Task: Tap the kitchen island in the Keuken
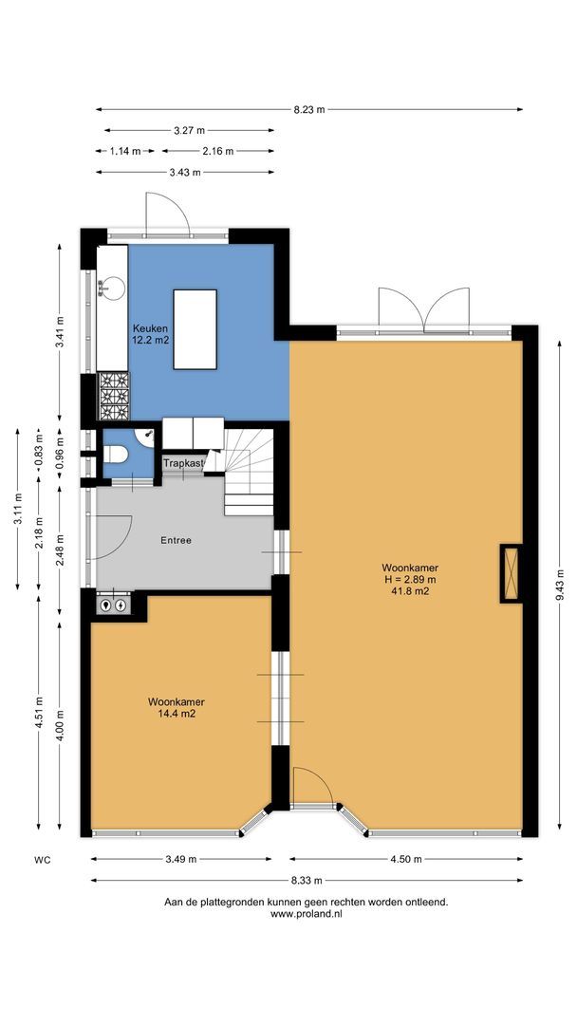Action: pos(195,328)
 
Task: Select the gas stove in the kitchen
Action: pos(113,396)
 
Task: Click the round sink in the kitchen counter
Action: pos(113,286)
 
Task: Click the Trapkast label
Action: pos(184,463)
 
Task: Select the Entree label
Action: pos(176,540)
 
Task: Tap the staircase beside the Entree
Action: pos(249,471)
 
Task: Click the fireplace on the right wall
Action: pos(511,574)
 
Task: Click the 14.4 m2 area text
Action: pos(176,715)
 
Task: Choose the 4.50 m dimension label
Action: pos(405,859)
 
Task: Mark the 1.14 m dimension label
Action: pos(125,151)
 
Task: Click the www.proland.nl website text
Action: pos(306,914)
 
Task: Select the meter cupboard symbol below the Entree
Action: pos(114,604)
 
